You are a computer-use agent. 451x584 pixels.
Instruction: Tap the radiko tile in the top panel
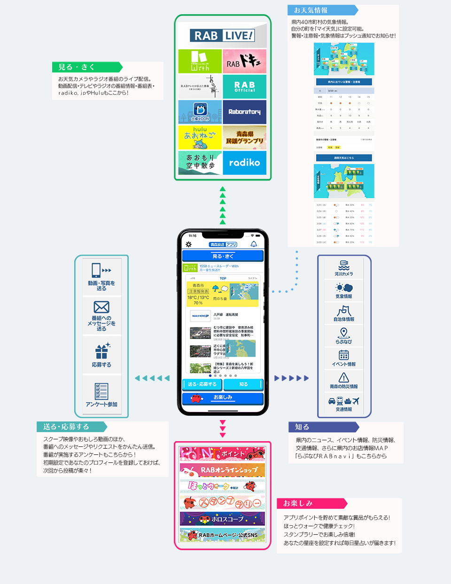pos(244,163)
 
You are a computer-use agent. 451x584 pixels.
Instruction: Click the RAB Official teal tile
pos(244,86)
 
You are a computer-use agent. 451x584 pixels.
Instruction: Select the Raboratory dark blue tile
pos(244,112)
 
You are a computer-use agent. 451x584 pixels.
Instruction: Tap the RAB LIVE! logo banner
pos(223,35)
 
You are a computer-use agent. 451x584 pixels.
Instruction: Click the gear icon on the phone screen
pos(189,244)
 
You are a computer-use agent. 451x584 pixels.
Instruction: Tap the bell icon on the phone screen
pos(254,244)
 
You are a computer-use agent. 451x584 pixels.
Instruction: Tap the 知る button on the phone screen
pos(243,384)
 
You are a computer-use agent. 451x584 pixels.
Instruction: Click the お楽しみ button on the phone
pos(223,397)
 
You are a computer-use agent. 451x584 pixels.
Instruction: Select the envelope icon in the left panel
pos(101,307)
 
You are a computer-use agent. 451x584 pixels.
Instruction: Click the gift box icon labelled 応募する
pos(101,351)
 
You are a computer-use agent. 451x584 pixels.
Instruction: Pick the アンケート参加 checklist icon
pos(101,391)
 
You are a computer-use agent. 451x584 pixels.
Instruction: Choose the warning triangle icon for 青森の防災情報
pos(344,378)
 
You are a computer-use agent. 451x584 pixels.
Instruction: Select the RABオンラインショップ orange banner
pos(223,470)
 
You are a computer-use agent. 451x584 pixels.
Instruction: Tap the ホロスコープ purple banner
pos(223,519)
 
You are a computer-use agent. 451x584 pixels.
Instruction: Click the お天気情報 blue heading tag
pos(322,10)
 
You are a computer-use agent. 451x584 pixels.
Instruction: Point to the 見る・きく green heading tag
pos(86,67)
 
